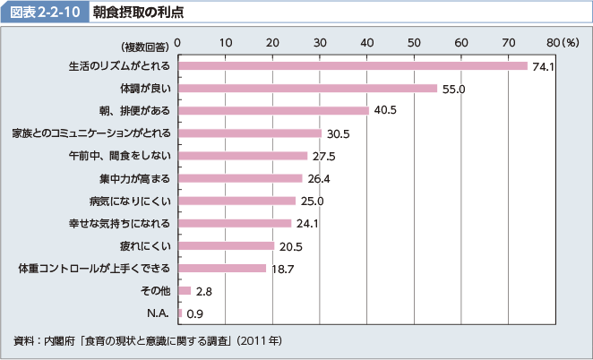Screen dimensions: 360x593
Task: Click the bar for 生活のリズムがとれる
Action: click(353, 65)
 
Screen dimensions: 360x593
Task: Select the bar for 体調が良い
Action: click(307, 88)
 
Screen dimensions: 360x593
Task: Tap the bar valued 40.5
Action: click(273, 110)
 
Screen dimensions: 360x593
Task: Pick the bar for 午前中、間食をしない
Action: click(243, 156)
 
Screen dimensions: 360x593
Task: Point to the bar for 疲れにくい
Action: click(227, 245)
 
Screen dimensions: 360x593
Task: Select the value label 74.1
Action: click(544, 66)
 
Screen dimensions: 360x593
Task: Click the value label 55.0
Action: click(453, 89)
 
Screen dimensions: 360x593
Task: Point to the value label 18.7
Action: click(284, 269)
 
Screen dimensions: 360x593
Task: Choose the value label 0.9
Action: click(193, 313)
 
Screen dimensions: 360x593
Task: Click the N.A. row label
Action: click(159, 313)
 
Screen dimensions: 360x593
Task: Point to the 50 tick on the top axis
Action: click(414, 43)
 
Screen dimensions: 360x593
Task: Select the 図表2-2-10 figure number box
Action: click(46, 13)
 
